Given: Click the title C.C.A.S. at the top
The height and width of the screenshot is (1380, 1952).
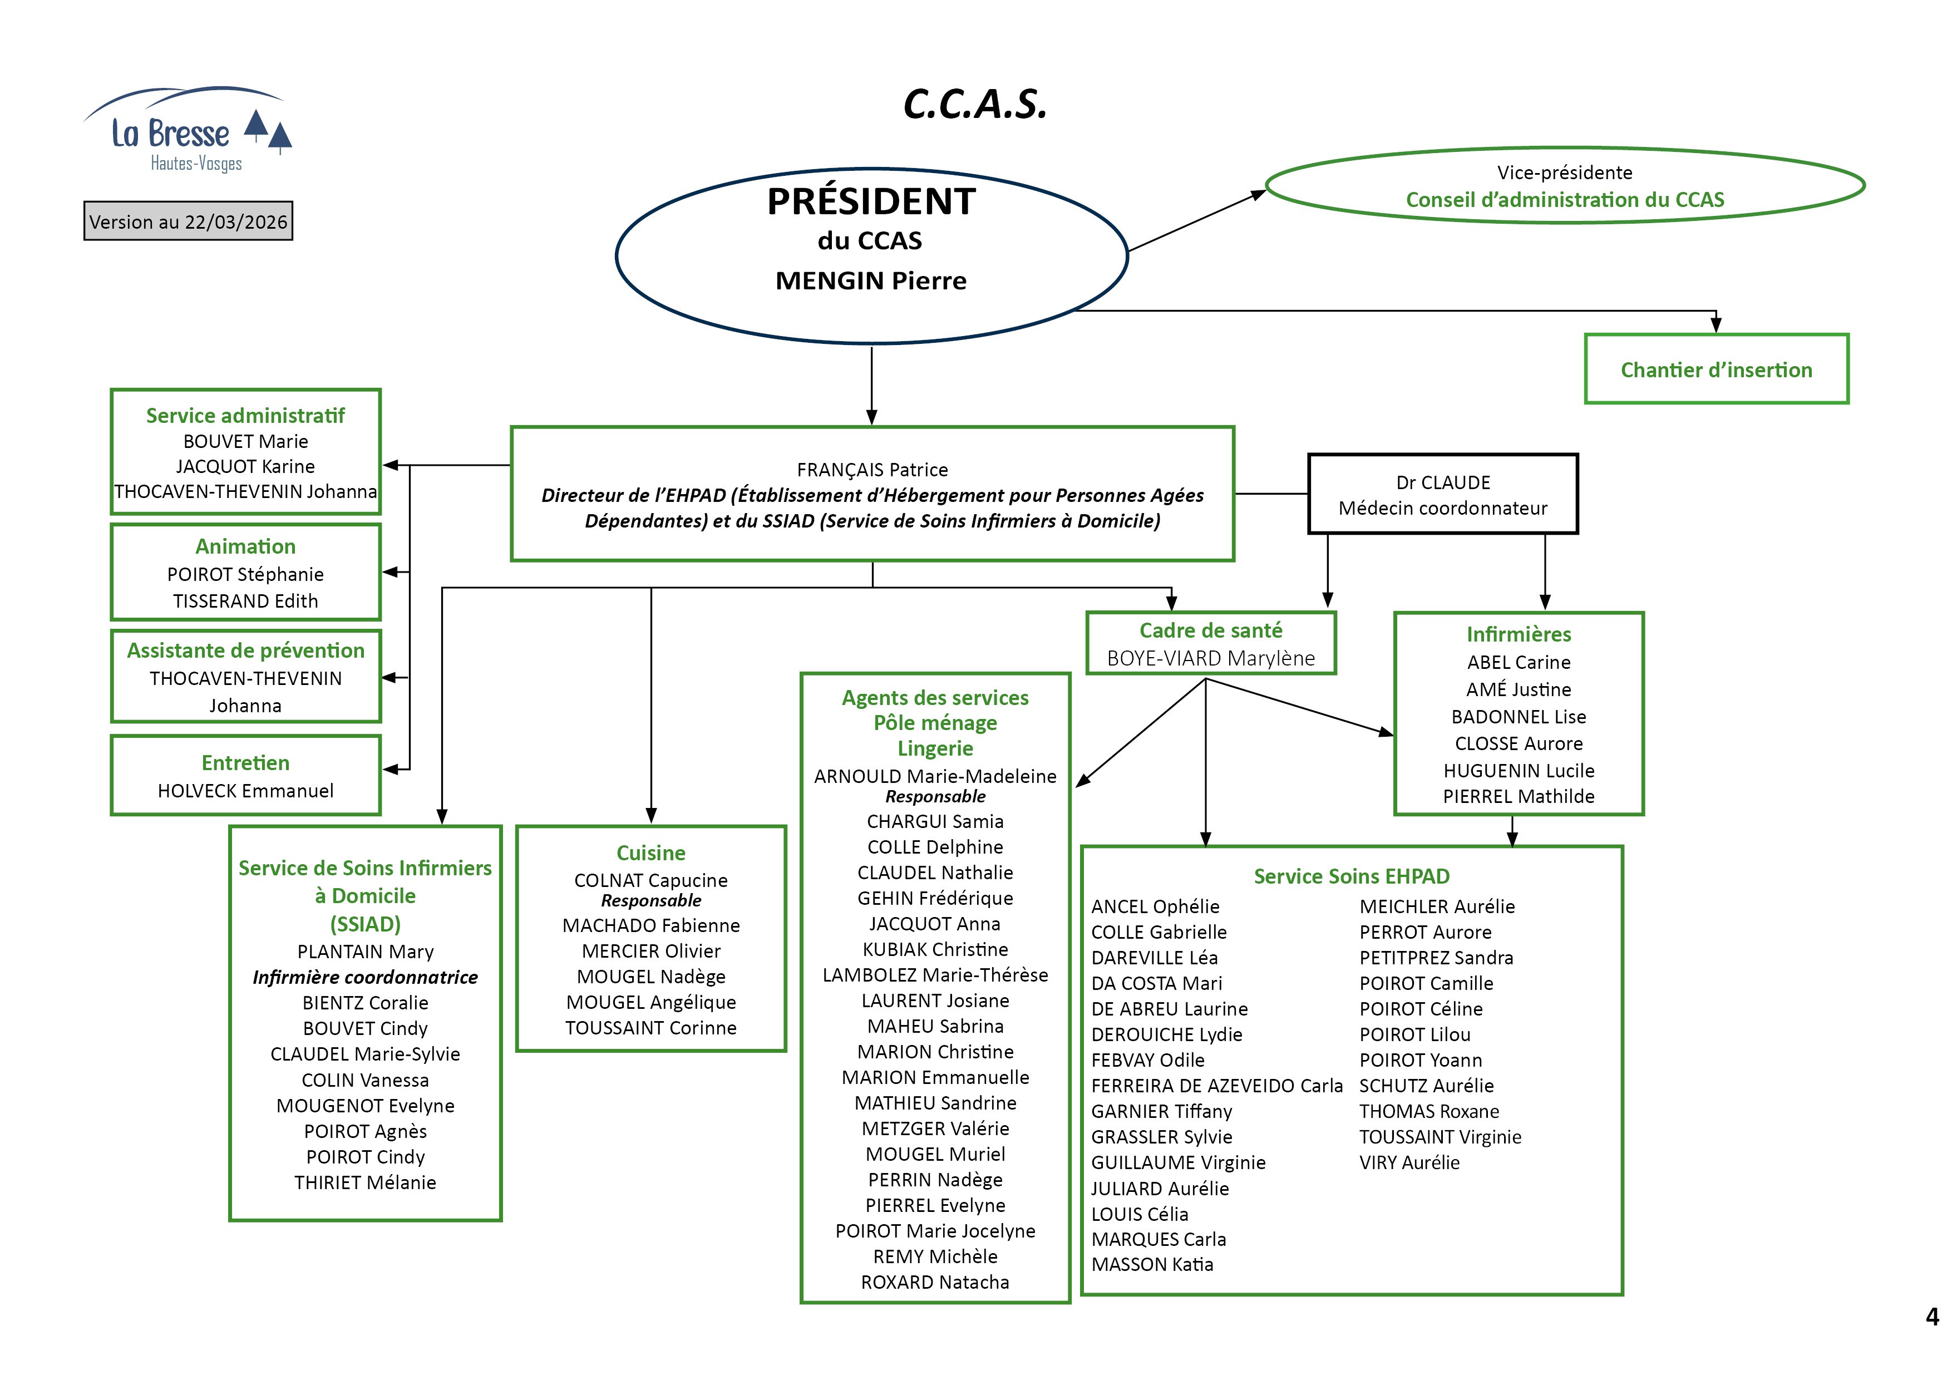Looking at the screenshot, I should click(x=974, y=105).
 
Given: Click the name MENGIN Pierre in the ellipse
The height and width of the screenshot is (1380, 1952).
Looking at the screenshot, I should click(x=871, y=280).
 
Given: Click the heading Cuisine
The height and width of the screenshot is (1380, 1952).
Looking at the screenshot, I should click(x=650, y=853).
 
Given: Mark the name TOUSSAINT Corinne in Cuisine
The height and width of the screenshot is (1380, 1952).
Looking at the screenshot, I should click(x=650, y=1028).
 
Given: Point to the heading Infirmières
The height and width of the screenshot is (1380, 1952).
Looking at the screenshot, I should click(x=1519, y=634).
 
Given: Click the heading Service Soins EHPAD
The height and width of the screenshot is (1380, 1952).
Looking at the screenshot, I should click(x=1351, y=876).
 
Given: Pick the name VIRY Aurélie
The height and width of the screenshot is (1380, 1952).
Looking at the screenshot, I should click(x=1409, y=1162).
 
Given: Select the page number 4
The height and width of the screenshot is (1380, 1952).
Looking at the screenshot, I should click(x=1931, y=1317).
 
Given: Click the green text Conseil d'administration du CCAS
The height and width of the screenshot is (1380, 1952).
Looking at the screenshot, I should click(x=1564, y=200).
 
